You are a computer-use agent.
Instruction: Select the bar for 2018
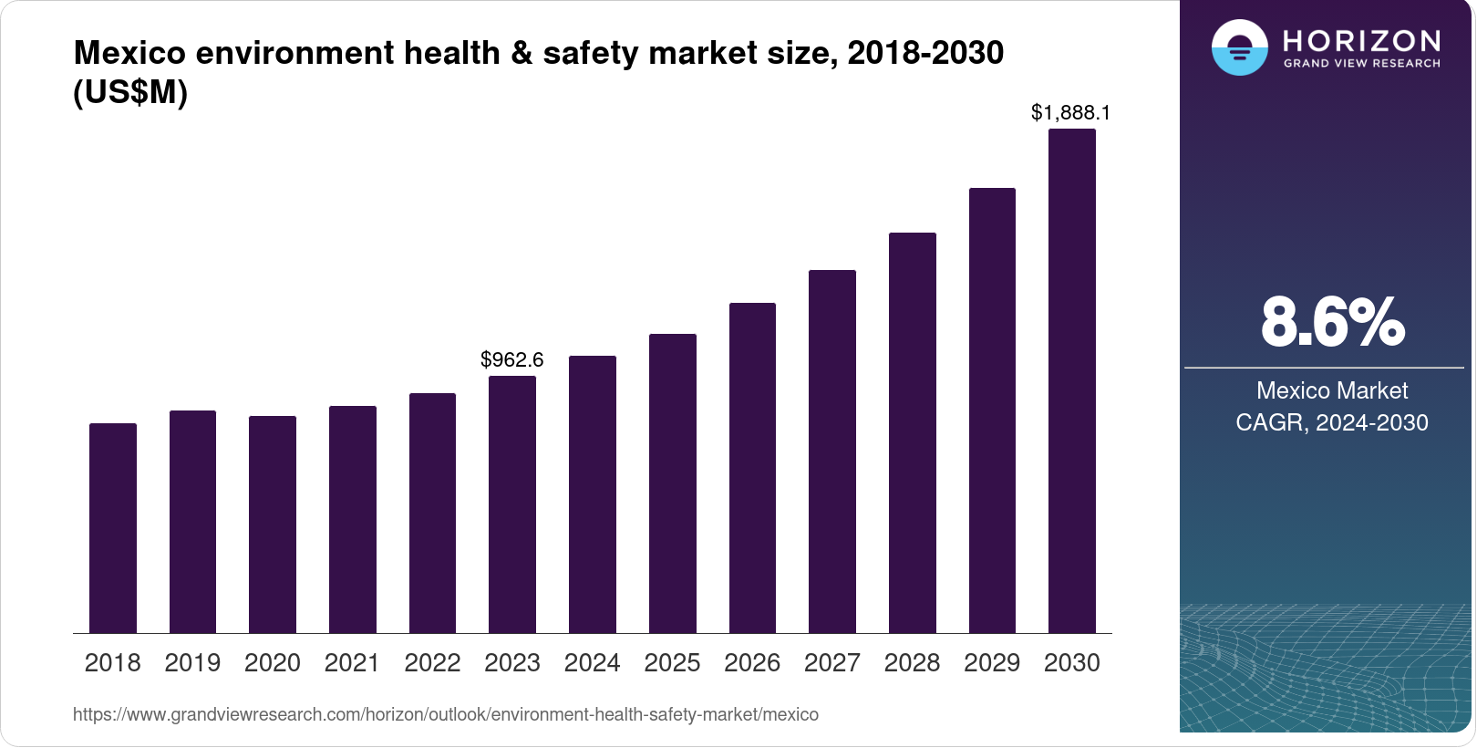tap(113, 528)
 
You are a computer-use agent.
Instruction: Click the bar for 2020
tap(273, 525)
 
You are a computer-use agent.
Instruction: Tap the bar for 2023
tap(512, 504)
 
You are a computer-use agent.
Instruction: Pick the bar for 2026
tap(752, 468)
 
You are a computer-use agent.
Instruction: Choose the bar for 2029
tap(992, 410)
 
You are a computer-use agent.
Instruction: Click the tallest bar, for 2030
tap(1072, 381)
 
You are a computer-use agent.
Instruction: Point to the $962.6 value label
tap(512, 359)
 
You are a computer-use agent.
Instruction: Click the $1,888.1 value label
tap(1070, 112)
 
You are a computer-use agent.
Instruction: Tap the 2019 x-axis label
tap(192, 663)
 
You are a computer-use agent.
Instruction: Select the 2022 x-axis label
tap(432, 663)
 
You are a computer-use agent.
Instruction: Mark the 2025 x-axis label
tap(672, 663)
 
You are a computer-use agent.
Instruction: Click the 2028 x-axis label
tap(912, 663)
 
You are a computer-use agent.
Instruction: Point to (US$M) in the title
tap(130, 92)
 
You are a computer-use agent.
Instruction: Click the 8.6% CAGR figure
tap(1332, 322)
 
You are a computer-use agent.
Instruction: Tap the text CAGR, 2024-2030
tap(1332, 422)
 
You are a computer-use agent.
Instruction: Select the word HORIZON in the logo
tap(1361, 40)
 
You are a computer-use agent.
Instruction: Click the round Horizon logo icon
tap(1239, 47)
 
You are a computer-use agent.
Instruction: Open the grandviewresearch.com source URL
tap(446, 714)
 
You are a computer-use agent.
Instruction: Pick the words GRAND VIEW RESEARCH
tap(1361, 64)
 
